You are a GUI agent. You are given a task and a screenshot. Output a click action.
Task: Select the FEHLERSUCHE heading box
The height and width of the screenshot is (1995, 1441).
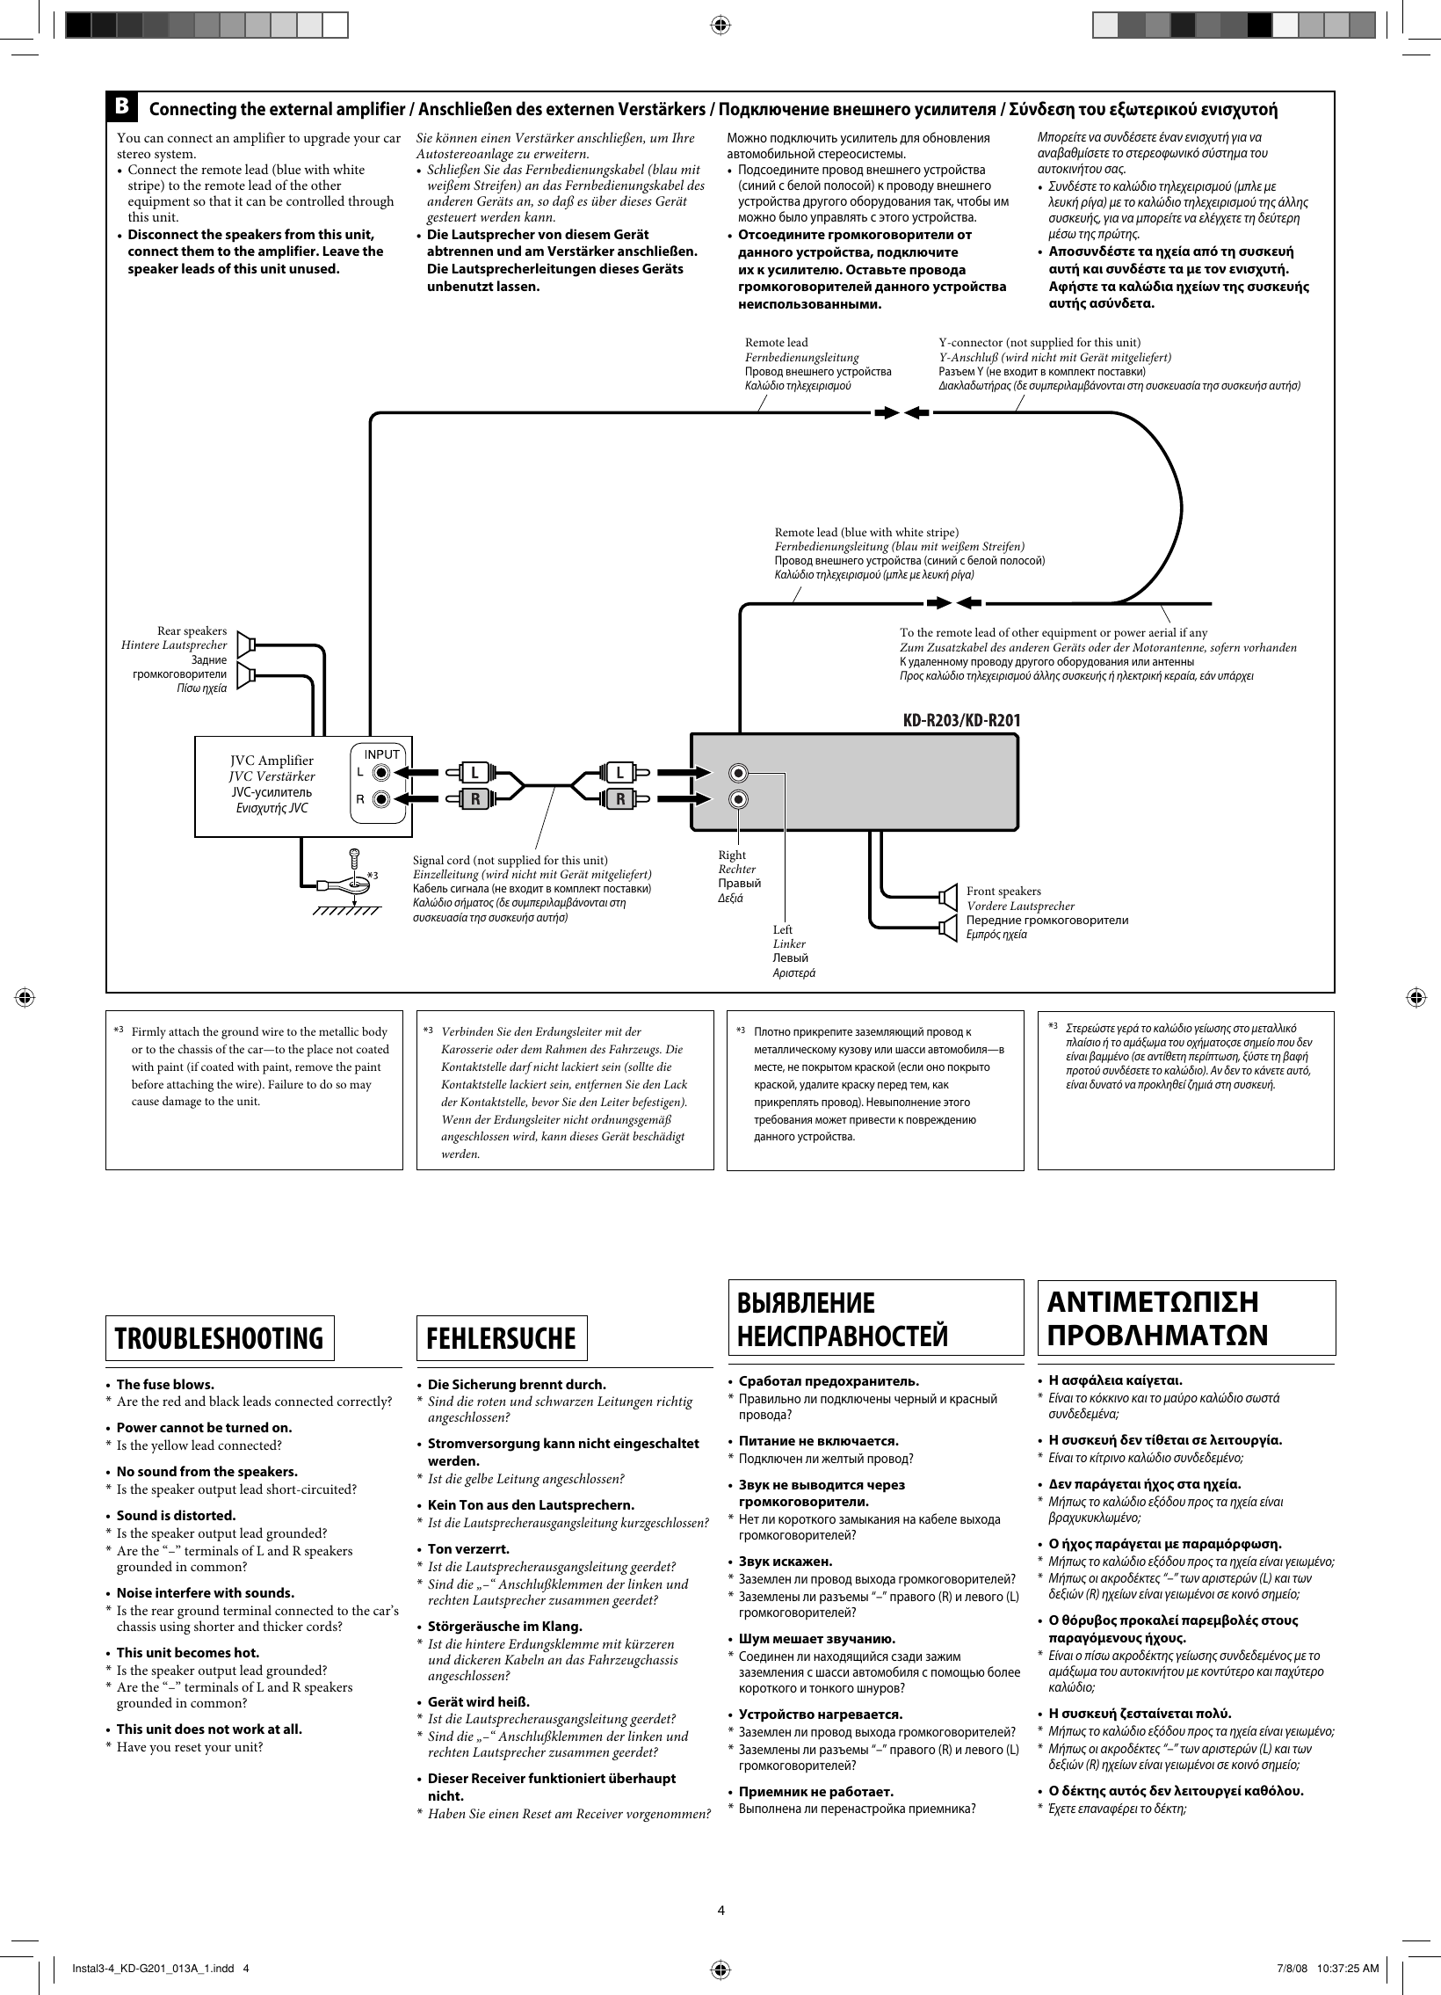(501, 1338)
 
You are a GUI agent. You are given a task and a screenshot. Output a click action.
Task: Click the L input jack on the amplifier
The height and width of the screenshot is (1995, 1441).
(380, 773)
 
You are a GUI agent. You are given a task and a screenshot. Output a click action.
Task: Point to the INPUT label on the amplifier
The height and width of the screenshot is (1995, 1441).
(381, 754)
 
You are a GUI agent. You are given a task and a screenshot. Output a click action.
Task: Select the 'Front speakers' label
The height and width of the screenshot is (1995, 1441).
(1003, 891)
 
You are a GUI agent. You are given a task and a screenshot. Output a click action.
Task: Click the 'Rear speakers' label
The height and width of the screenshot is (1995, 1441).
(192, 630)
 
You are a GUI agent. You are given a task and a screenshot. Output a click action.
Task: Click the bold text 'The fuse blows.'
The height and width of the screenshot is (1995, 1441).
(165, 1384)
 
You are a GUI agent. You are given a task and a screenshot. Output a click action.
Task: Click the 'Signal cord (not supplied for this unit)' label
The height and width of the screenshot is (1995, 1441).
(510, 859)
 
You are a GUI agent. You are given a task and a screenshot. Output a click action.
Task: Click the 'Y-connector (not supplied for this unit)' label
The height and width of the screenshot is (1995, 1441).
(1039, 342)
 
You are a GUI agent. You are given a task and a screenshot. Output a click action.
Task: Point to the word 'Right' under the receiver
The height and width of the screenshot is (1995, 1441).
(732, 855)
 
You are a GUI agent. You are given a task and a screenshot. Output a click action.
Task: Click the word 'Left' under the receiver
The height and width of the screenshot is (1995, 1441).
(783, 929)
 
